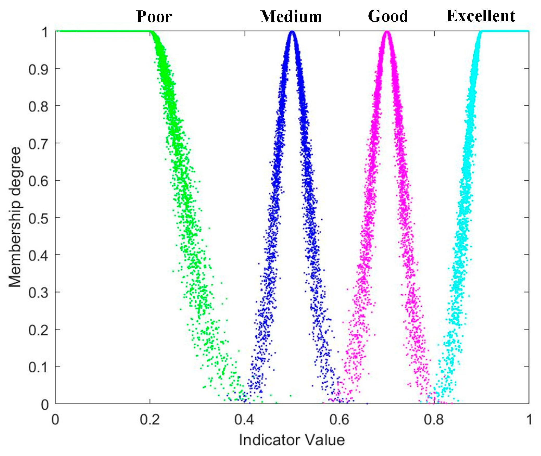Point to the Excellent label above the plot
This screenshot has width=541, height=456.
coord(481,16)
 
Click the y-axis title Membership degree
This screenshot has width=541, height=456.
coord(15,217)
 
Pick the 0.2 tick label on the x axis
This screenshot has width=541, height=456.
coord(150,420)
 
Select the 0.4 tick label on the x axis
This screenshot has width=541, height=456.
coord(244,420)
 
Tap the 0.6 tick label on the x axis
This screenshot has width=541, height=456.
coord(339,420)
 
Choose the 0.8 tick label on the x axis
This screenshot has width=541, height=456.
coord(434,420)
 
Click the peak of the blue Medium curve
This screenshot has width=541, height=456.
coord(292,32)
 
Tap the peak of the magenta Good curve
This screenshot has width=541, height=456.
coord(387,32)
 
